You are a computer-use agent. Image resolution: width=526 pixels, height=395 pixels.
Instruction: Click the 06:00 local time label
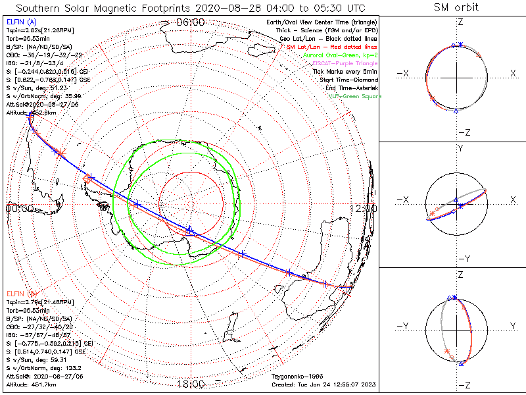(x=190, y=22)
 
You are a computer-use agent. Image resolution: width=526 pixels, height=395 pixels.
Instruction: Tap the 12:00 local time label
(x=364, y=209)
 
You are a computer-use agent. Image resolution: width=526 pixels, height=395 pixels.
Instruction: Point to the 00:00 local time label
(x=19, y=209)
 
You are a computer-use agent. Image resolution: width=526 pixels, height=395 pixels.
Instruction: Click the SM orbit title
(x=456, y=8)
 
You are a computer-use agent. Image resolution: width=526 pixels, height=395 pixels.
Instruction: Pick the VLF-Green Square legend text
(x=354, y=96)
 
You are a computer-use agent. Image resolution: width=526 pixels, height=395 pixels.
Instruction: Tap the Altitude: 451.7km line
(x=30, y=383)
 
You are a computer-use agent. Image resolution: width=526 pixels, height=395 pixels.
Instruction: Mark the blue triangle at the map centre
(x=190, y=229)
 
